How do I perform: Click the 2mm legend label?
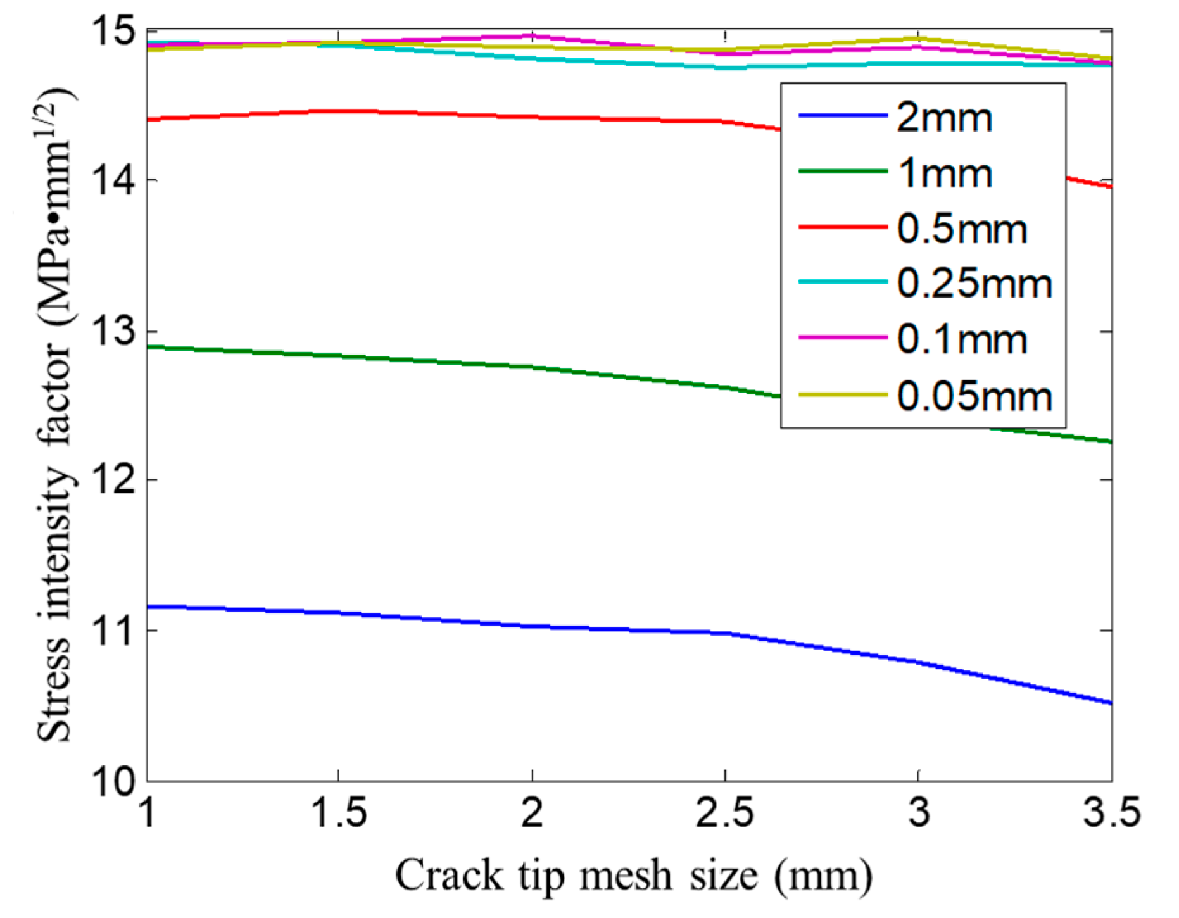pyautogui.click(x=944, y=118)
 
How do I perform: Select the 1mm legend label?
pyautogui.click(x=944, y=173)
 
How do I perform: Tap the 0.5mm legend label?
pyautogui.click(x=962, y=229)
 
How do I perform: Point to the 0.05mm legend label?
pyautogui.click(x=974, y=396)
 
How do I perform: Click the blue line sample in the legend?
pyautogui.click(x=843, y=115)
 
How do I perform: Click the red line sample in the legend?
pyautogui.click(x=843, y=227)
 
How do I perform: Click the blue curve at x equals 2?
pyautogui.click(x=532, y=626)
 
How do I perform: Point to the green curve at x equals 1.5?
pyautogui.click(x=338, y=356)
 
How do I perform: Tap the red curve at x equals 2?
pyautogui.click(x=532, y=116)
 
